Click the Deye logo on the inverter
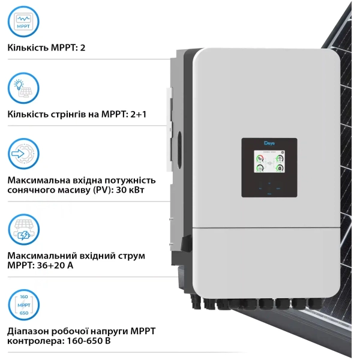click(269, 143)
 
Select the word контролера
click(34, 341)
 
